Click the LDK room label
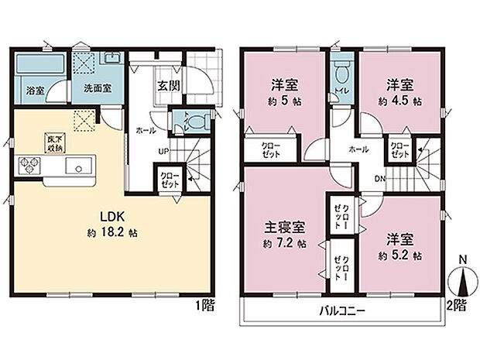[108, 217]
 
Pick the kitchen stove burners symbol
[30, 166]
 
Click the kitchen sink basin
[77, 166]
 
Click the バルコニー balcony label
[341, 311]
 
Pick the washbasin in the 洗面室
[109, 60]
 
